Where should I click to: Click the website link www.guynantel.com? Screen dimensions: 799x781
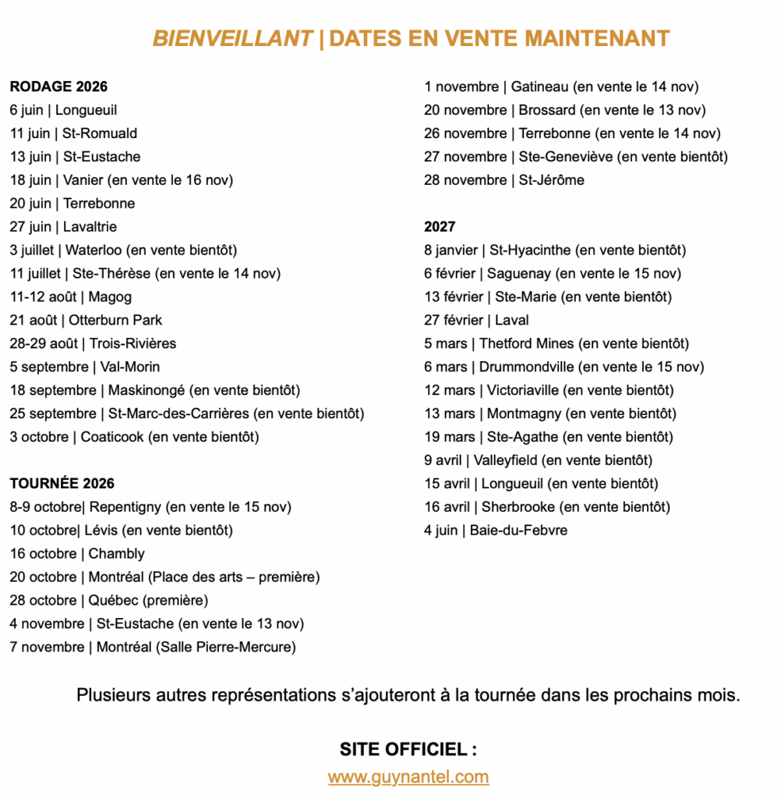pos(408,777)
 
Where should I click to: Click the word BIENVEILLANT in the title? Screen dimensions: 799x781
pos(232,38)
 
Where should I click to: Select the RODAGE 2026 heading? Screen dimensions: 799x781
pos(58,87)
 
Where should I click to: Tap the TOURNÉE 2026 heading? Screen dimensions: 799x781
pos(62,484)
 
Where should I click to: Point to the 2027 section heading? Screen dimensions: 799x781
pos(440,227)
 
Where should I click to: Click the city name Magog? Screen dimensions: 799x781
pos(110,297)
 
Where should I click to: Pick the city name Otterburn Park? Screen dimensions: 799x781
pos(115,320)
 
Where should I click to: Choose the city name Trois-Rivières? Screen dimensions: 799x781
pos(133,343)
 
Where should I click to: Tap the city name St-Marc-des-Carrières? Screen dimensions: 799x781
pos(178,414)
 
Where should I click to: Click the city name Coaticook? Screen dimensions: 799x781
pos(112,437)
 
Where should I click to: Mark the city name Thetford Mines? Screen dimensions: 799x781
pos(526,343)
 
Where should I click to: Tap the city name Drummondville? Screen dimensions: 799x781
pos(528,367)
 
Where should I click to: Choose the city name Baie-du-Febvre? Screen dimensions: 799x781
pos(518,531)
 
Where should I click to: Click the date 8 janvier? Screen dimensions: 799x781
pos(451,250)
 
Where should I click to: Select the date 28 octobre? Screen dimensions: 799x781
pos(43,601)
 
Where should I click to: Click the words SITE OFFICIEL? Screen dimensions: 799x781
pos(404,750)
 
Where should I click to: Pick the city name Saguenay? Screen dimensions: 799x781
pos(519,274)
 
